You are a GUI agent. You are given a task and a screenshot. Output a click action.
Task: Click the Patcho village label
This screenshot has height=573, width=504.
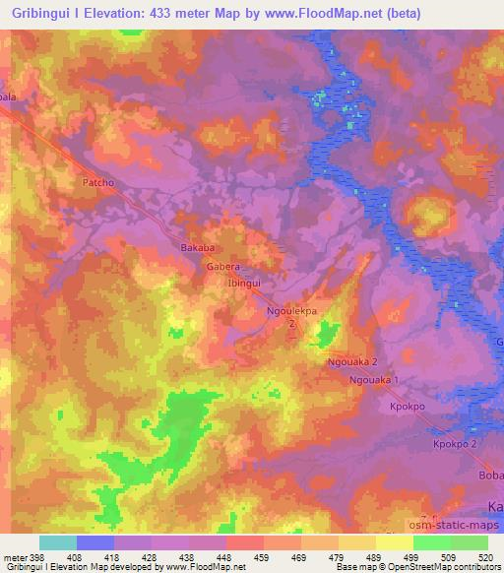98,182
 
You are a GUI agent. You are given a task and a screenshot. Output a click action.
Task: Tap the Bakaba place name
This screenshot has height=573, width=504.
198,248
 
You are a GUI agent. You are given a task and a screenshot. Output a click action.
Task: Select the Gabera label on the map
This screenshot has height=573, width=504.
223,266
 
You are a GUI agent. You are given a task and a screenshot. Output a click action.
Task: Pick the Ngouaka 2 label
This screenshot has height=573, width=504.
352,362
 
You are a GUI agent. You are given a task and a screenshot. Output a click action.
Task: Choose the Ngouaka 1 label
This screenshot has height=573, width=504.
377,379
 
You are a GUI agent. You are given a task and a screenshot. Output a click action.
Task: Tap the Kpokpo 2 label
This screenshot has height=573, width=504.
454,445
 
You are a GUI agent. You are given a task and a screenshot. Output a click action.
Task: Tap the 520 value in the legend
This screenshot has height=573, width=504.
486,556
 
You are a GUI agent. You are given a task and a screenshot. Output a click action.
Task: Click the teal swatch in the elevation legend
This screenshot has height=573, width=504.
58,542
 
